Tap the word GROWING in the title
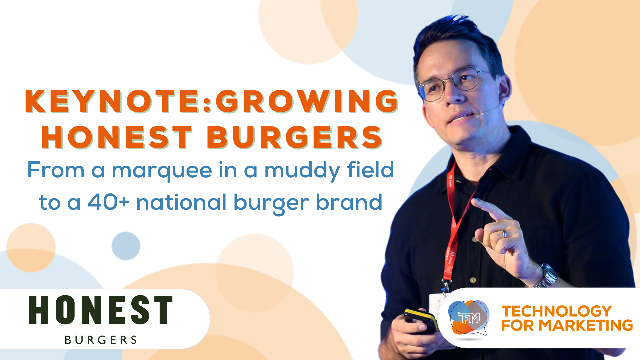(307, 101)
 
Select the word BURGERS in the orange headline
(295, 137)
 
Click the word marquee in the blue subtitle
(162, 171)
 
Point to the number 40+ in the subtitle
(108, 202)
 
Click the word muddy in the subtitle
(302, 171)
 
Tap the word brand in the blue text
(349, 202)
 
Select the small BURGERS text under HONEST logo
(101, 340)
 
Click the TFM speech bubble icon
(469, 318)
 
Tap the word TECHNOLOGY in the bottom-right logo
(557, 311)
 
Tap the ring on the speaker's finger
(504, 233)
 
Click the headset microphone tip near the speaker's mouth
(479, 115)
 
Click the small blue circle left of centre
(126, 246)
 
